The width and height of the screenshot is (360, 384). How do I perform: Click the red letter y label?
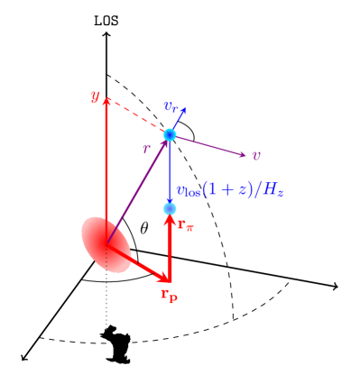tap(95, 96)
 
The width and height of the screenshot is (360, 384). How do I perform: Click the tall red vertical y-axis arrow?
tap(106, 171)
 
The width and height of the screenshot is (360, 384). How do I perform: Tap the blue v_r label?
tap(173, 107)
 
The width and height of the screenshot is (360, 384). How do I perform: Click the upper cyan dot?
tap(170, 135)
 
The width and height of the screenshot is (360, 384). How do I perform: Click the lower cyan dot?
tap(170, 208)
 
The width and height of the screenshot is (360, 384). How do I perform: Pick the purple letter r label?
tap(146, 149)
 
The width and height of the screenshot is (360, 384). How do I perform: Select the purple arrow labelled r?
tap(138, 188)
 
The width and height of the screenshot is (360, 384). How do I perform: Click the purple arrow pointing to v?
tap(208, 145)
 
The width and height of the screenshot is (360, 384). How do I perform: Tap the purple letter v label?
tap(256, 155)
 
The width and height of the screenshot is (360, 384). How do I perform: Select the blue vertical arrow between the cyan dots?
tap(170, 171)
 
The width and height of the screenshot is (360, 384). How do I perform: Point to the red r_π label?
tap(185, 225)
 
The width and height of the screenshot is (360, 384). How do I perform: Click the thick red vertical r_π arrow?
tap(170, 248)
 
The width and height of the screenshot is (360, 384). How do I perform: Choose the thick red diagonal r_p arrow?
tap(137, 262)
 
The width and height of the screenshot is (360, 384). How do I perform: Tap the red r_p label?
tap(169, 294)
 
